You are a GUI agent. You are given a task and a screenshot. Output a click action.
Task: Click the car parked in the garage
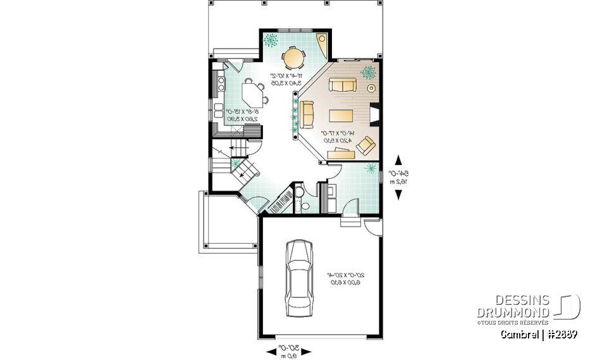click(x=298, y=278)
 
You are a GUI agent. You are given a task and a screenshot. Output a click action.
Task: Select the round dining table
click(x=294, y=58)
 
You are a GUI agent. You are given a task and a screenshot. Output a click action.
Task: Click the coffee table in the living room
click(x=341, y=115)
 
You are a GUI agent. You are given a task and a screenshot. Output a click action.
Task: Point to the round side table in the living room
click(x=371, y=88)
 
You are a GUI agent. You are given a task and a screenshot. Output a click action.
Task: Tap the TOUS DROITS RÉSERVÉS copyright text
click(x=513, y=322)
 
